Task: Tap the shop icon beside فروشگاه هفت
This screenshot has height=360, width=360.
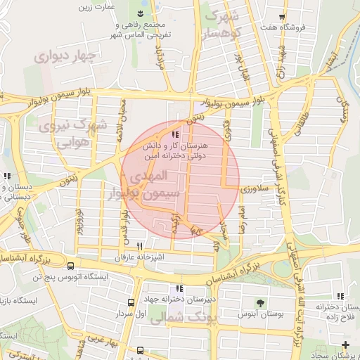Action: point(282,16)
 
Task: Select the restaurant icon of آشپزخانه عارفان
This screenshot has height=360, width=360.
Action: point(140,247)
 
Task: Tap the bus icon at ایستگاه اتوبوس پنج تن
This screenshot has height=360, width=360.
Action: point(70,266)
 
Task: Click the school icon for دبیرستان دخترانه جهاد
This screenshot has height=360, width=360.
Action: point(180,288)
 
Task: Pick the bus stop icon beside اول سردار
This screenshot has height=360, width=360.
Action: point(130,302)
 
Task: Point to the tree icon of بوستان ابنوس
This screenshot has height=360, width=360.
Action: point(261,303)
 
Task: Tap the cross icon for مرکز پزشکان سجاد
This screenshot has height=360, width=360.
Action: point(345,345)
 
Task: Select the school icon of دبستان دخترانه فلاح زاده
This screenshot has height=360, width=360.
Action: point(340,296)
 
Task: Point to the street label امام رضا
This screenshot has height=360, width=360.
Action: point(242,219)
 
